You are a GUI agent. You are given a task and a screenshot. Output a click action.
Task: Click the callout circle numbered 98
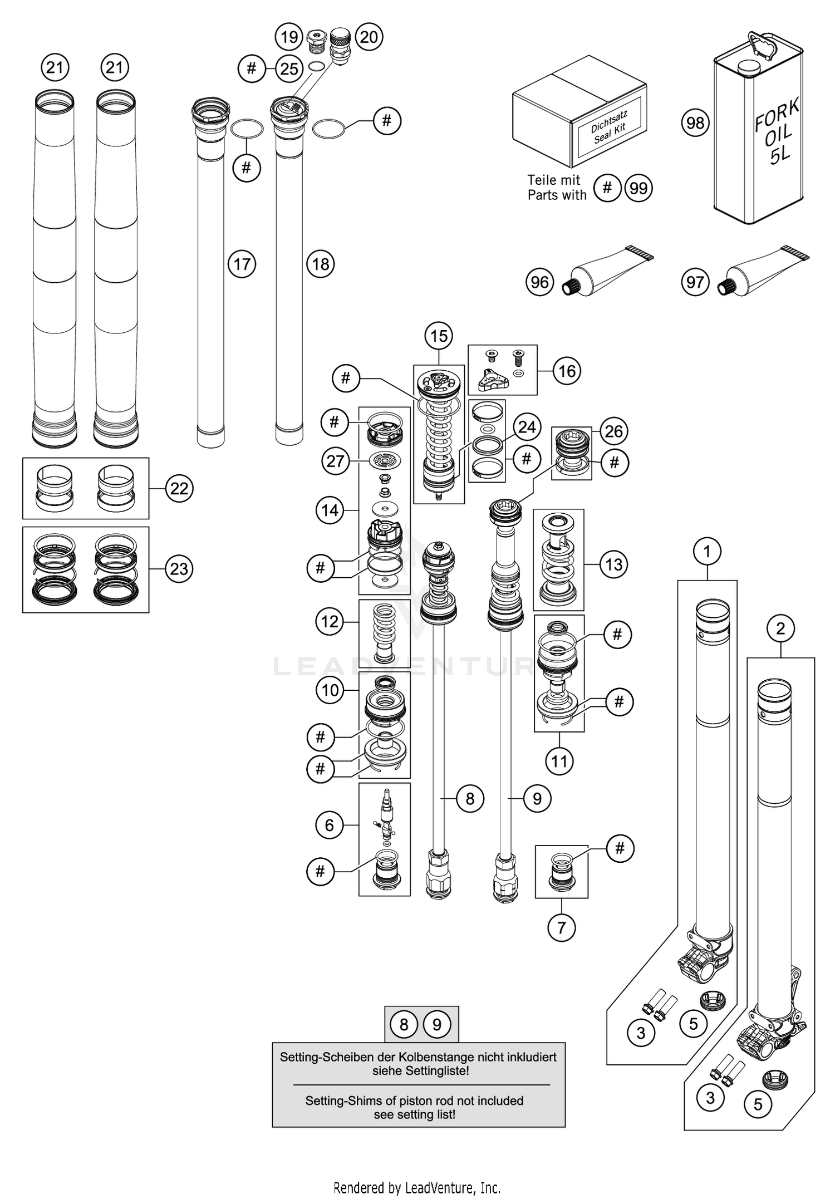[x=695, y=122]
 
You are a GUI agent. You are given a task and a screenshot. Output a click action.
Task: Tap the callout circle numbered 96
[x=539, y=282]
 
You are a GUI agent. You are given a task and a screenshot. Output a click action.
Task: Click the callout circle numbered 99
[x=638, y=188]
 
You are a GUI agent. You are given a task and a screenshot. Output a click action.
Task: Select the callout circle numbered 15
[x=439, y=336]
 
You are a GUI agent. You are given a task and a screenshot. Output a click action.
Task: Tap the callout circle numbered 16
[x=567, y=371]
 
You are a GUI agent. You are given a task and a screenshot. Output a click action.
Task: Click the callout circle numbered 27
[x=335, y=461]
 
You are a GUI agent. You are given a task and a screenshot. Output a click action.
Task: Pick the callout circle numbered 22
[x=179, y=488]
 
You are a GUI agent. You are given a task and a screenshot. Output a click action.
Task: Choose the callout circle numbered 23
[x=179, y=569]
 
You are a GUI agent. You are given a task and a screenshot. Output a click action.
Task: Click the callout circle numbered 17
[x=242, y=264]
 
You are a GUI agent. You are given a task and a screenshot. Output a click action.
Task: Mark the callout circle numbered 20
[x=369, y=37]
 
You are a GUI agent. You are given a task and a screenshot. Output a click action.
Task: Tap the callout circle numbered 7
[x=561, y=927]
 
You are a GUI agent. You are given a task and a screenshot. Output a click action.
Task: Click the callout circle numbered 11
[x=559, y=761]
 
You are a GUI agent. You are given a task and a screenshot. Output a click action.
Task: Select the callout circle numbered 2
[x=780, y=628]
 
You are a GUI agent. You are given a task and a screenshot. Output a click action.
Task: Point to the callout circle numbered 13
[x=613, y=564]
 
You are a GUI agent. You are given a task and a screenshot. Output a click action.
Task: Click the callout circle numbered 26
[x=613, y=431]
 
